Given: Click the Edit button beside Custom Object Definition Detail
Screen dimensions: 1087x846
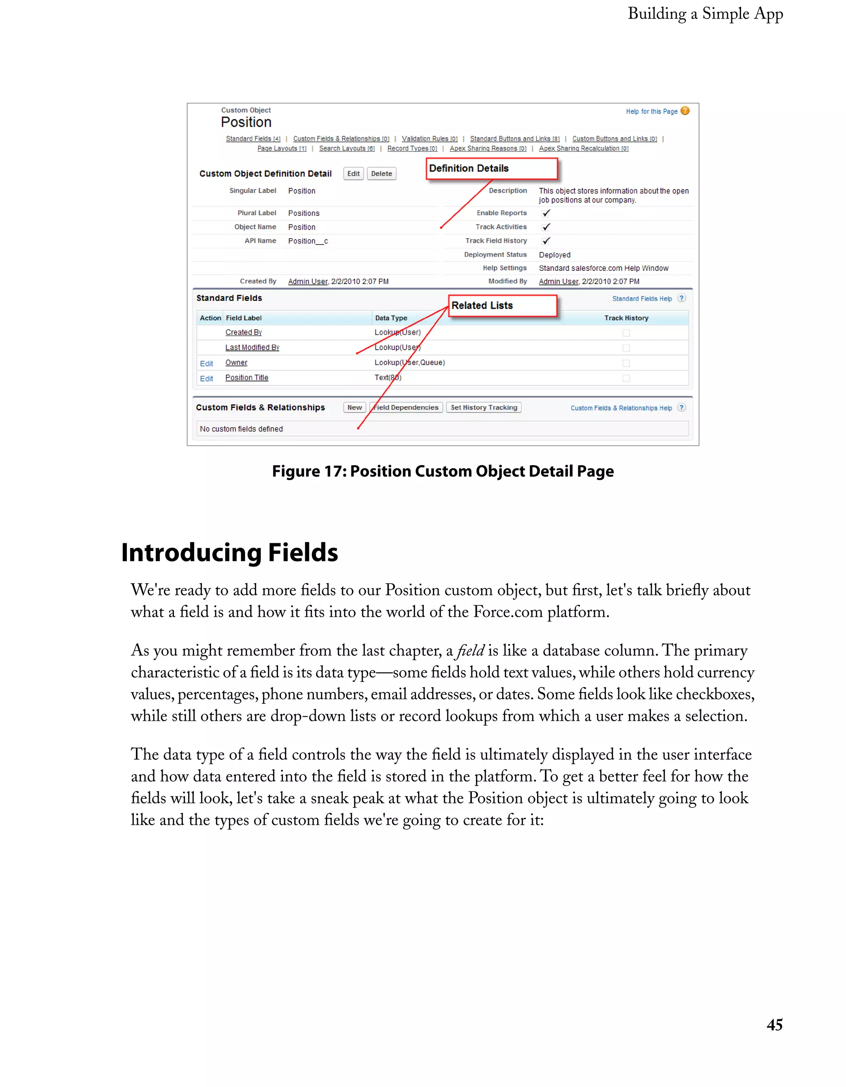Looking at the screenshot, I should pos(353,174).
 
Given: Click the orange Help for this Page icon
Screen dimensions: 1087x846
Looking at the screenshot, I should pos(685,111).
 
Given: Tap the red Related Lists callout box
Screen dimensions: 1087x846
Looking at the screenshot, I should pos(502,305).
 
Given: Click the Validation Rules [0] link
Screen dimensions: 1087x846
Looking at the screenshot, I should pos(429,139).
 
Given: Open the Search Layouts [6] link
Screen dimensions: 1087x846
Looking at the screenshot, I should pos(347,148).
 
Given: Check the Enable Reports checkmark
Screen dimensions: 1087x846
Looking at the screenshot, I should pos(546,213).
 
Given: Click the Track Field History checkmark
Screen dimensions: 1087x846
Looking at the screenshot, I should pos(546,241).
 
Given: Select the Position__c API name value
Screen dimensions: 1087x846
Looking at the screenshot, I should pos(308,241).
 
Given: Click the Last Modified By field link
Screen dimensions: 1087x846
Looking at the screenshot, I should pos(252,347).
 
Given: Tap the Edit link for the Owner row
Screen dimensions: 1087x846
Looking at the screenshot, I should pos(206,364).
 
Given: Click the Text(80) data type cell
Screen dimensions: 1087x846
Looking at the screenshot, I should pos(387,378).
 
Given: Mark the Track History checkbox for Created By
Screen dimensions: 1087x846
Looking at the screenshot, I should pos(626,333).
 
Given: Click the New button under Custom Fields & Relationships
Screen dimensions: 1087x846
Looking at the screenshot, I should pos(354,407).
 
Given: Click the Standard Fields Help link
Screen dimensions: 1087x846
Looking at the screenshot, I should pos(642,298).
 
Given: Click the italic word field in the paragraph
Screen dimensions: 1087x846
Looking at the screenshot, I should pos(470,651).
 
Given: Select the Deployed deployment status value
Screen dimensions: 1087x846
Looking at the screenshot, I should pos(554,255).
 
